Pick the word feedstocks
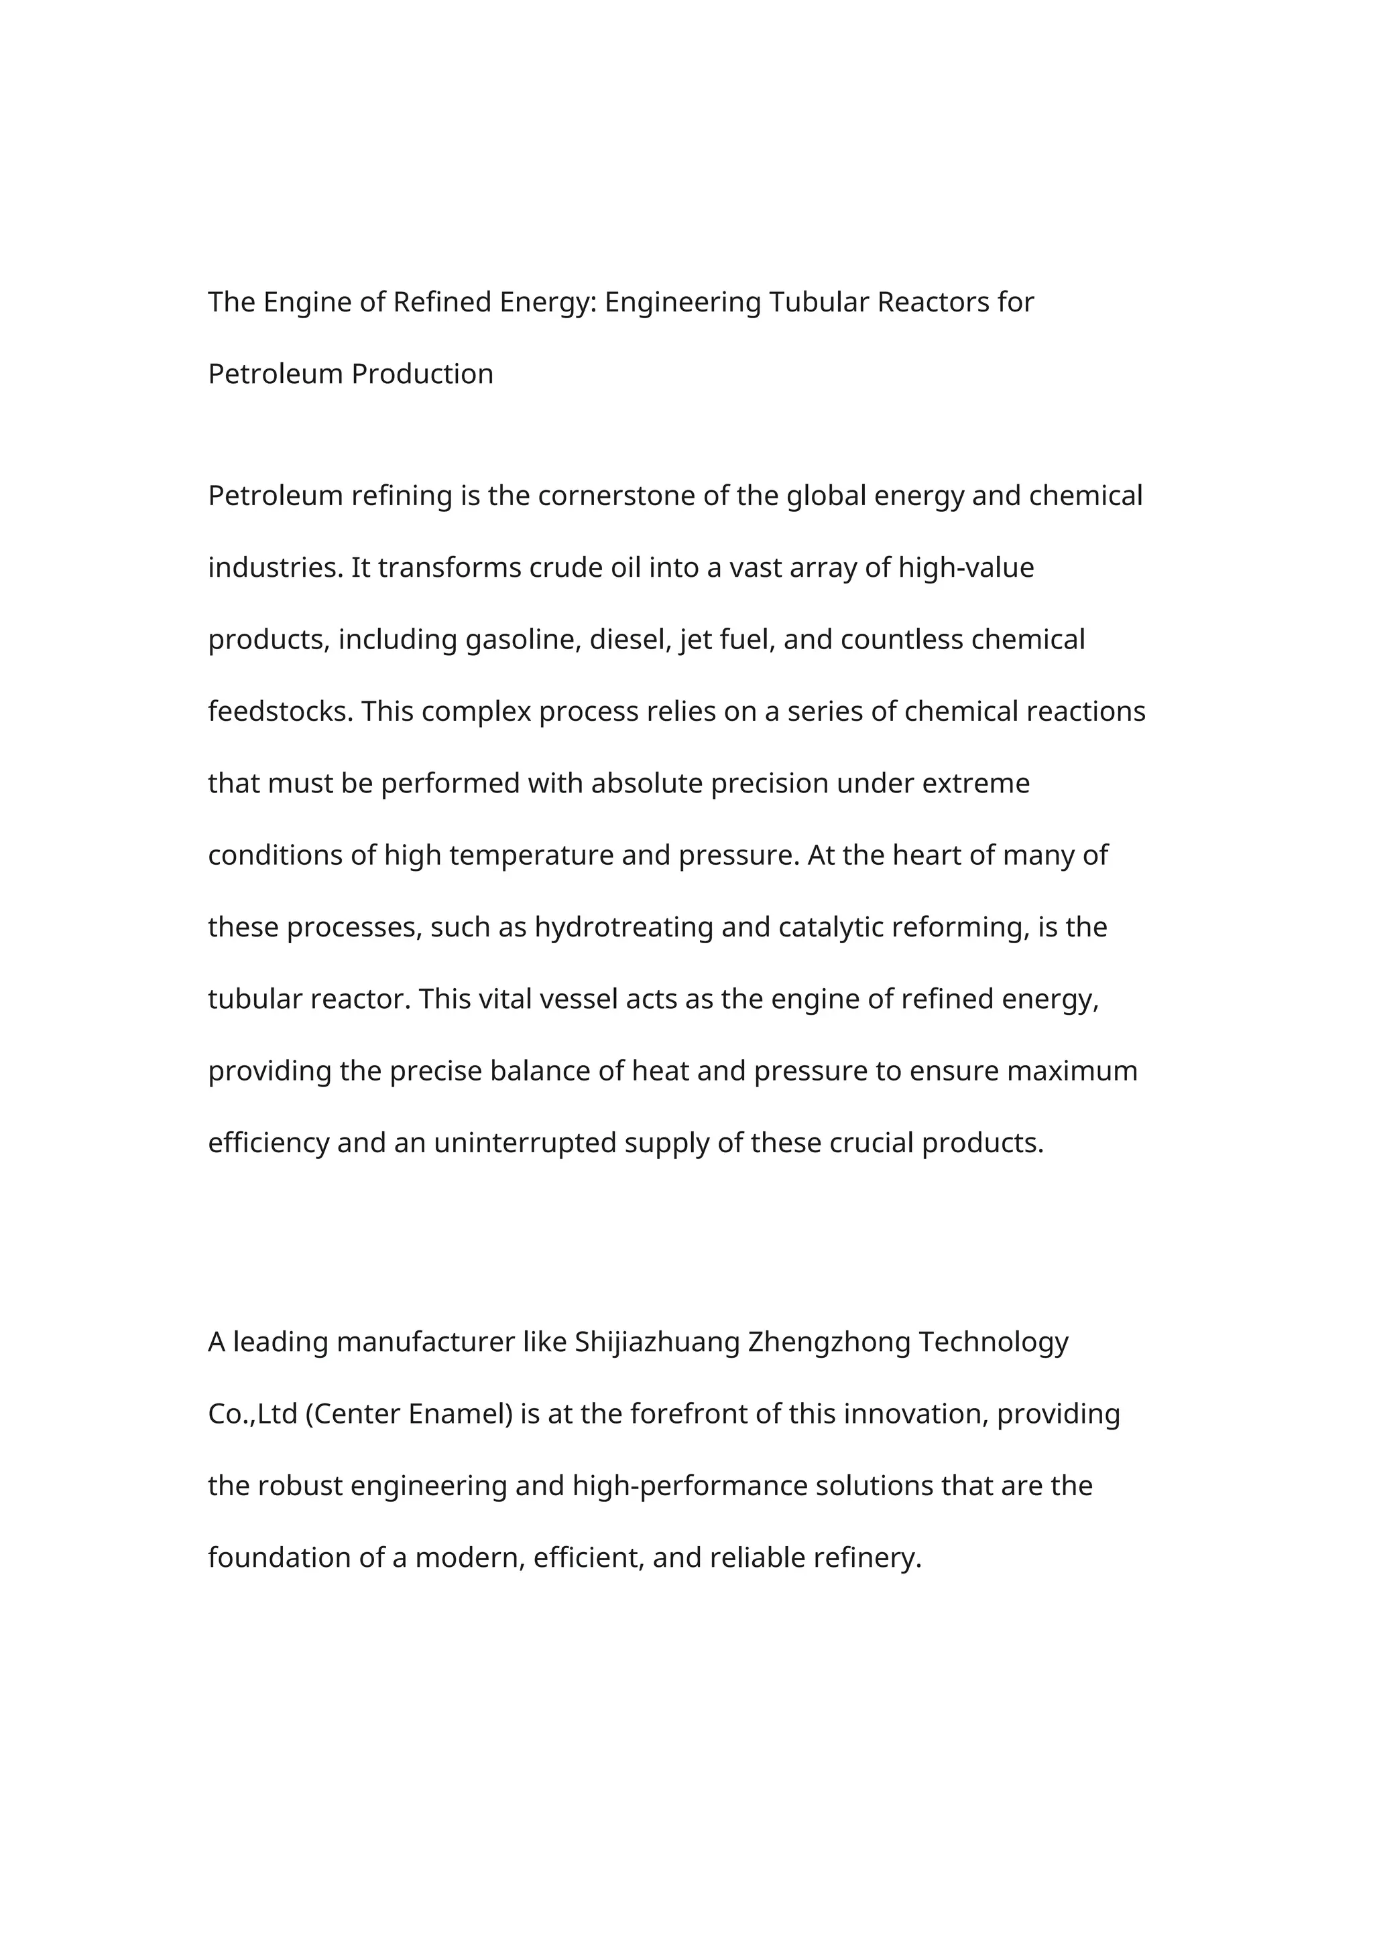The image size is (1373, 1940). (281, 711)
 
